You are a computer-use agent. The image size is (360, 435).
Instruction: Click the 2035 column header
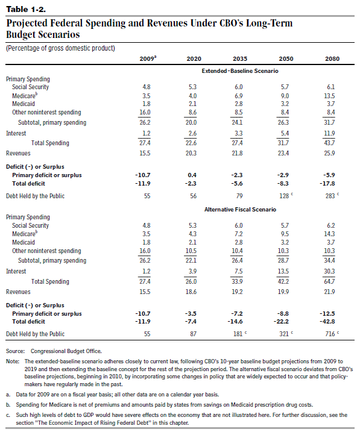click(240, 59)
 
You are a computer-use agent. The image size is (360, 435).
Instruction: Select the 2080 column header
click(332, 59)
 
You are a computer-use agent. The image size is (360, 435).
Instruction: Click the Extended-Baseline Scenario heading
click(240, 71)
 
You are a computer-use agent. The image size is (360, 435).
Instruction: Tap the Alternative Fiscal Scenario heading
click(240, 210)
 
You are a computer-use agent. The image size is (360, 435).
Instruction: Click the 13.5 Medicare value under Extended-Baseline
click(329, 96)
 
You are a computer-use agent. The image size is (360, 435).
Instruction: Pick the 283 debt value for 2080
click(330, 196)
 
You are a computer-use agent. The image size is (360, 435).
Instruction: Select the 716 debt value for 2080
click(330, 334)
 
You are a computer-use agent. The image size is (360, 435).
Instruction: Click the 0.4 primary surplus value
click(192, 175)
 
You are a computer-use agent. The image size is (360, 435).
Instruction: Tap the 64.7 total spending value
click(329, 281)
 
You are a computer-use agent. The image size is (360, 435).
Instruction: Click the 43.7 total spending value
click(329, 143)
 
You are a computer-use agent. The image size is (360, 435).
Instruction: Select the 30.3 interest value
click(329, 271)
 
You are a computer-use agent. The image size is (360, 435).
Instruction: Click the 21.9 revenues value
click(329, 292)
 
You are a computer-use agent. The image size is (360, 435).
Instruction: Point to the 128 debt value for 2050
click(284, 196)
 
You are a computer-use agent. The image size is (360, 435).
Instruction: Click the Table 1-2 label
click(26, 10)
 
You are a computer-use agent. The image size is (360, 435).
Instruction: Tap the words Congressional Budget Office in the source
click(66, 351)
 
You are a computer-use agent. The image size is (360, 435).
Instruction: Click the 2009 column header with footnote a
click(148, 58)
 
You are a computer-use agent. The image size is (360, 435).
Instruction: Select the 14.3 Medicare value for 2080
click(329, 234)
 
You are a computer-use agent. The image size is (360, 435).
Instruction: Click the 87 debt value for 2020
click(193, 334)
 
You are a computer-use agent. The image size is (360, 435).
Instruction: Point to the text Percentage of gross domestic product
click(60, 48)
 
